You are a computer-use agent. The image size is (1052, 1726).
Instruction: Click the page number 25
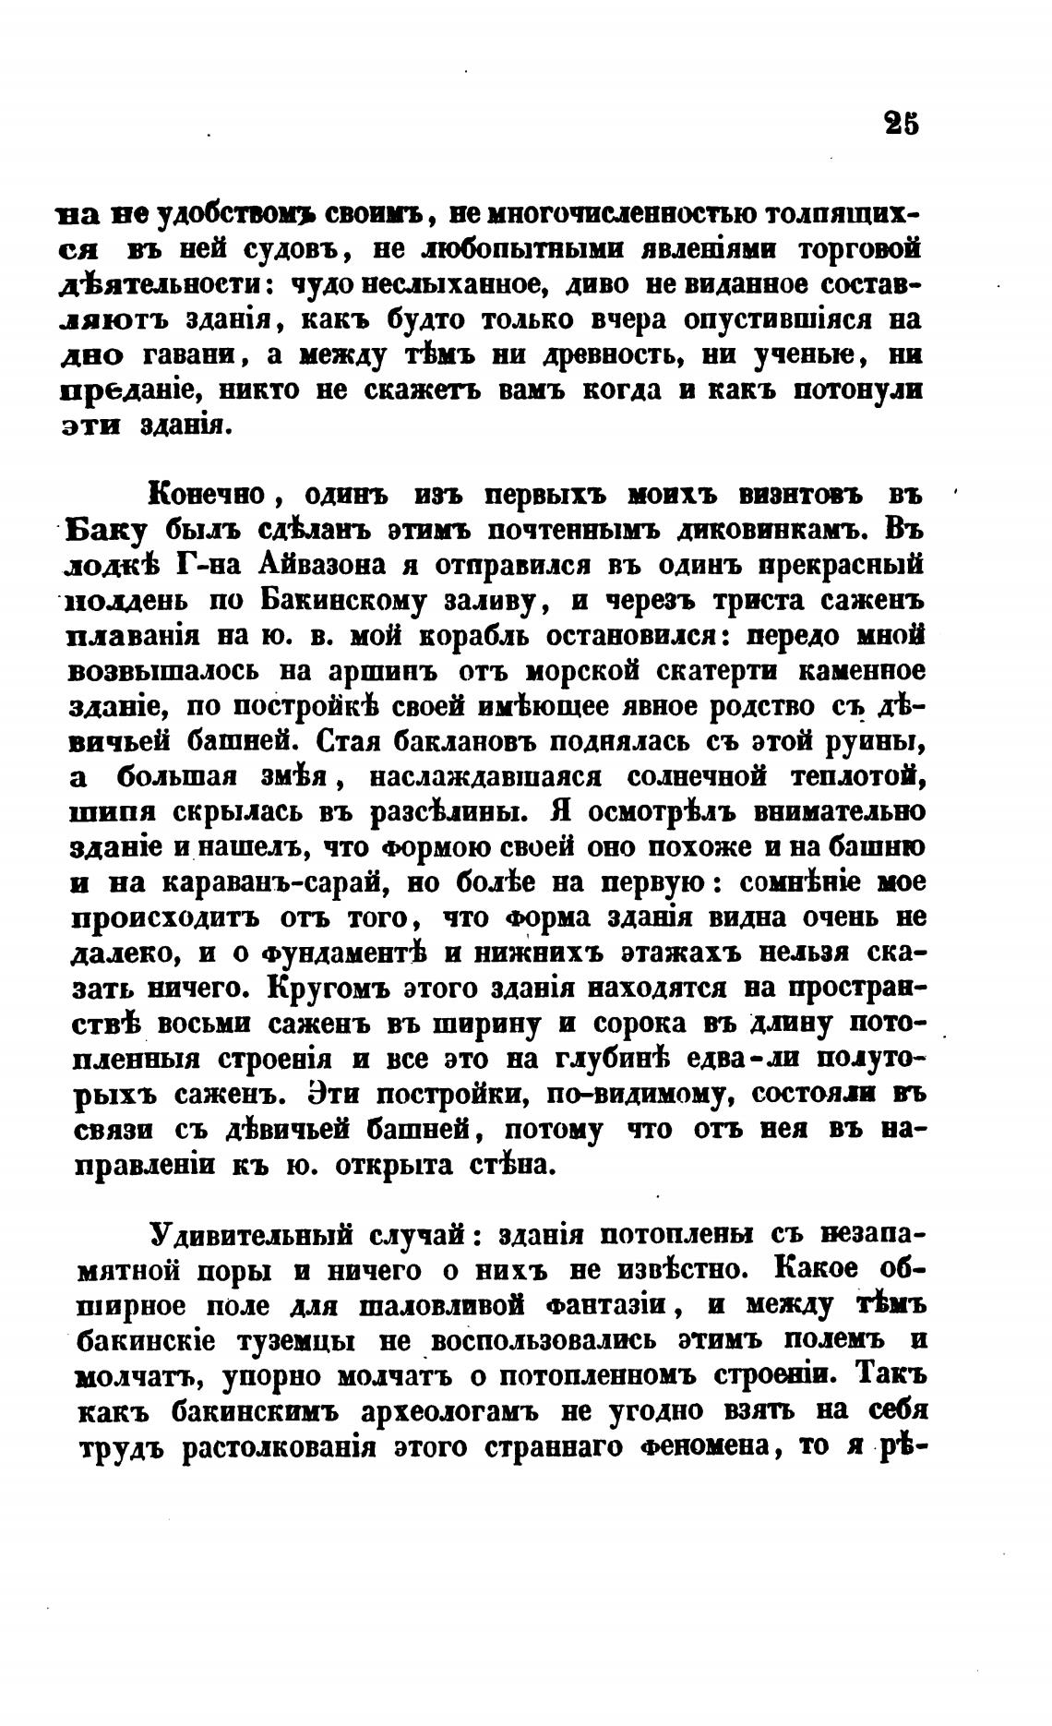click(900, 124)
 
